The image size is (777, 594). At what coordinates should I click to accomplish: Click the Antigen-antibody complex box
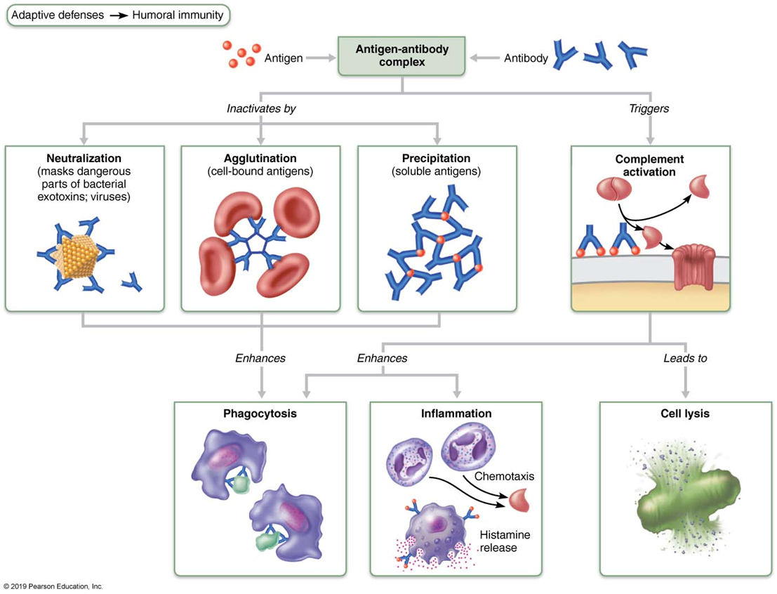tap(401, 55)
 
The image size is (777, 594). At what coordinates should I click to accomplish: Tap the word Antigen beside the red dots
tap(284, 58)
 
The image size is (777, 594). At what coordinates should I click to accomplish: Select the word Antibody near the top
tap(526, 58)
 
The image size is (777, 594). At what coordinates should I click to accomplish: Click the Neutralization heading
tap(84, 158)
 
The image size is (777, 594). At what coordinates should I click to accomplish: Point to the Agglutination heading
tap(260, 158)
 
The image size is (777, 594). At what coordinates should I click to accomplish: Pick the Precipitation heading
tap(436, 158)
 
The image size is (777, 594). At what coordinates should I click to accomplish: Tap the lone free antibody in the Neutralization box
tap(132, 282)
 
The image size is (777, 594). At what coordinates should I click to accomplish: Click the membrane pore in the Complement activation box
tap(693, 267)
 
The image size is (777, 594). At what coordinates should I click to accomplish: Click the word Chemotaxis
tap(505, 477)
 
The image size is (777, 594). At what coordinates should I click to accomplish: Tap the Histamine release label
tap(505, 541)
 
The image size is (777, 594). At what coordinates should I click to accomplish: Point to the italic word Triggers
tap(649, 109)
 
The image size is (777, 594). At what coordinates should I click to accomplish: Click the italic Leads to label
tap(685, 358)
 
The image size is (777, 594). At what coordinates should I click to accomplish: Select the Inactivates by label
tap(261, 109)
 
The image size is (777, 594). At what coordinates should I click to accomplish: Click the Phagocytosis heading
tap(260, 414)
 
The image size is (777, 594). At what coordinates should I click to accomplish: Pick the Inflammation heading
tap(456, 414)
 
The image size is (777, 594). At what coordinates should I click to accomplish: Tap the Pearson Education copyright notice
tap(53, 586)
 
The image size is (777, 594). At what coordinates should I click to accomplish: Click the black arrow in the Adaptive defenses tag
tap(119, 15)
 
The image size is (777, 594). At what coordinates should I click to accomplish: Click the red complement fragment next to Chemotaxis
tap(519, 500)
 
